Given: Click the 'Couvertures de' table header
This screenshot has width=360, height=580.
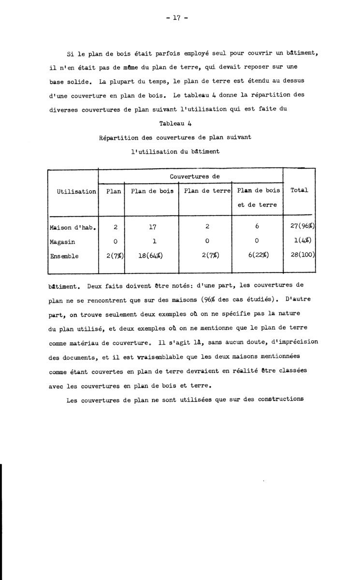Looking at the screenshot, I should (191, 177).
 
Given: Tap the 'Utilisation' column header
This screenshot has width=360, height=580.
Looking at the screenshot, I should (76, 191).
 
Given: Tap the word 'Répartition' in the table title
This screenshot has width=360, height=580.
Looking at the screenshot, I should (118, 137).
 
